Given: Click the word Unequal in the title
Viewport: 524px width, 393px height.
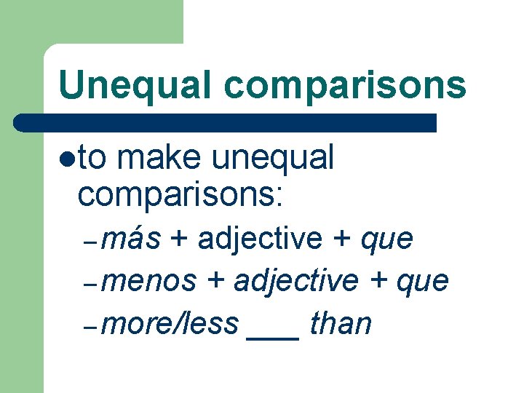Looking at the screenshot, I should [135, 85].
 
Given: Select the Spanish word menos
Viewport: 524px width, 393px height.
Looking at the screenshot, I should [149, 282].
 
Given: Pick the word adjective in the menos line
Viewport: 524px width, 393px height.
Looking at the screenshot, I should [296, 282].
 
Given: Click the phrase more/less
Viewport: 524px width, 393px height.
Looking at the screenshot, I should [170, 324].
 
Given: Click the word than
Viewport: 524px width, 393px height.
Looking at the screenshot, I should [341, 324].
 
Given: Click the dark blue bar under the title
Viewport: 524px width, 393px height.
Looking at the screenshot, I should [226, 122].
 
